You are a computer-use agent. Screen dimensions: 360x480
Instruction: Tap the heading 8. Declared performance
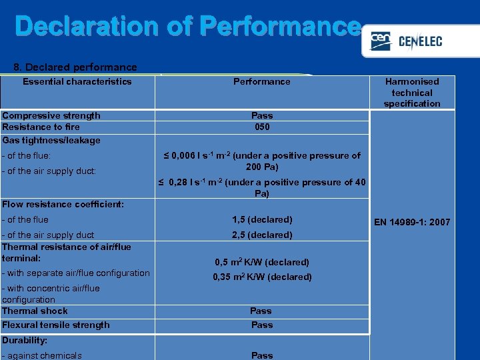point(75,67)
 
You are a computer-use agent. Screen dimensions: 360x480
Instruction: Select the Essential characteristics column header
point(77,81)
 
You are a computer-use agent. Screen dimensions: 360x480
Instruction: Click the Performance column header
point(262,81)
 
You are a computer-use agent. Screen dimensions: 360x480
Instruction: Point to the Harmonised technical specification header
point(412,93)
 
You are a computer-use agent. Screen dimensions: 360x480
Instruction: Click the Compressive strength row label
point(51,115)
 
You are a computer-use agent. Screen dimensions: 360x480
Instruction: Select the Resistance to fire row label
point(41,127)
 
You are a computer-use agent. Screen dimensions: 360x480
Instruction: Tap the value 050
point(262,127)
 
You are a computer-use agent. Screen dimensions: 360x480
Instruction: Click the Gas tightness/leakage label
point(51,140)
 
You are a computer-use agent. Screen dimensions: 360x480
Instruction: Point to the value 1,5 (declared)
point(262,219)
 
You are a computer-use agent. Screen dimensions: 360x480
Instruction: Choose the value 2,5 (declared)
point(262,235)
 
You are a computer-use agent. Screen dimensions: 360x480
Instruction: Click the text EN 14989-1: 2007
point(412,222)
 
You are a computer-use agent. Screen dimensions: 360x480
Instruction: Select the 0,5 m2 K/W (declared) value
point(262,262)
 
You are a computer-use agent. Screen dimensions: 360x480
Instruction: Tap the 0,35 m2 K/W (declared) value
point(262,277)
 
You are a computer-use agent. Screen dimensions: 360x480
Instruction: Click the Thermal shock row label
point(35,311)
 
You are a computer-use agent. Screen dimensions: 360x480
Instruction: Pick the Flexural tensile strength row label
point(56,325)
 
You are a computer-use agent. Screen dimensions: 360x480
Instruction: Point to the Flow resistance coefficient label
point(63,204)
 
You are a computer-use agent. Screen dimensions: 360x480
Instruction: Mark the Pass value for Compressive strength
point(262,115)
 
